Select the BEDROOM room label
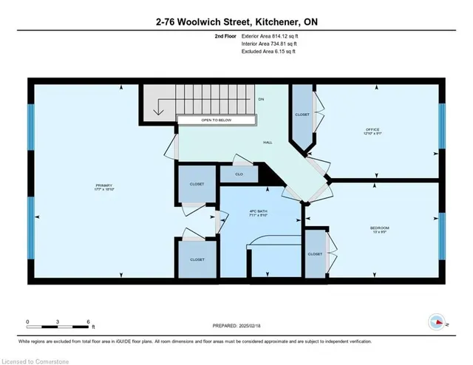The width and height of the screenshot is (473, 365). (x=379, y=228)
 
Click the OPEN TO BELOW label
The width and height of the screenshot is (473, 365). (x=216, y=120)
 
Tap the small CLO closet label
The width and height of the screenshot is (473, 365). (x=239, y=174)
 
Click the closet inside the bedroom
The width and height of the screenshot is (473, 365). (x=316, y=253)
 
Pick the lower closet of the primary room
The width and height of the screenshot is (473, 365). (x=197, y=259)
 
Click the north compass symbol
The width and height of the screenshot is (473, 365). (x=436, y=322)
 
